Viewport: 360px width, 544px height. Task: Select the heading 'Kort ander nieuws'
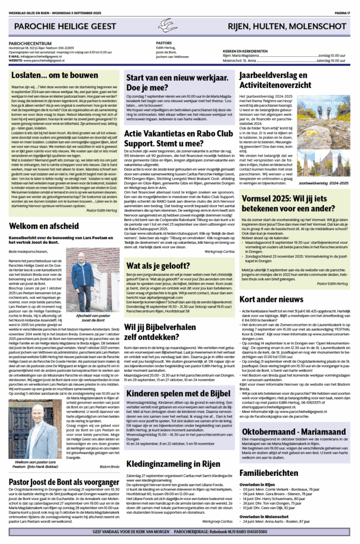(271, 300)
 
